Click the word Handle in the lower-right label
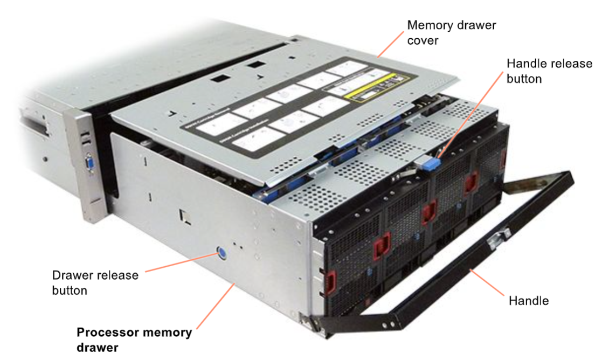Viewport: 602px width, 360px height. pos(529,301)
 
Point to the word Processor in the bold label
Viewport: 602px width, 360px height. pos(106,332)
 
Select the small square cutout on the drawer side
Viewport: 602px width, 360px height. pos(185,215)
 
